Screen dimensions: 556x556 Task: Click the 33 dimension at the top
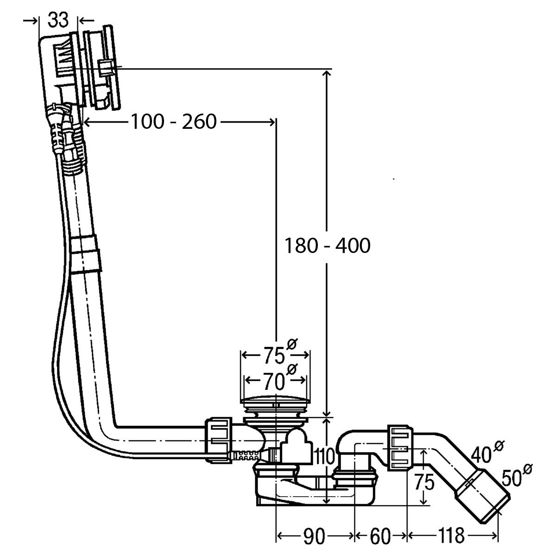click(x=58, y=20)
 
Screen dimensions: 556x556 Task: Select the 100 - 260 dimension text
click(x=174, y=121)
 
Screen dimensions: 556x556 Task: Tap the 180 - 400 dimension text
click(x=327, y=246)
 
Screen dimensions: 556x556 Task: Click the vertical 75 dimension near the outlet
click(x=424, y=482)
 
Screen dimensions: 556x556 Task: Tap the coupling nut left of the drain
click(x=219, y=440)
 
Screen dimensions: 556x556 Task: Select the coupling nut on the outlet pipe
click(x=400, y=447)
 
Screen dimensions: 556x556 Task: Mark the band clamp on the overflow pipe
click(x=86, y=253)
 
